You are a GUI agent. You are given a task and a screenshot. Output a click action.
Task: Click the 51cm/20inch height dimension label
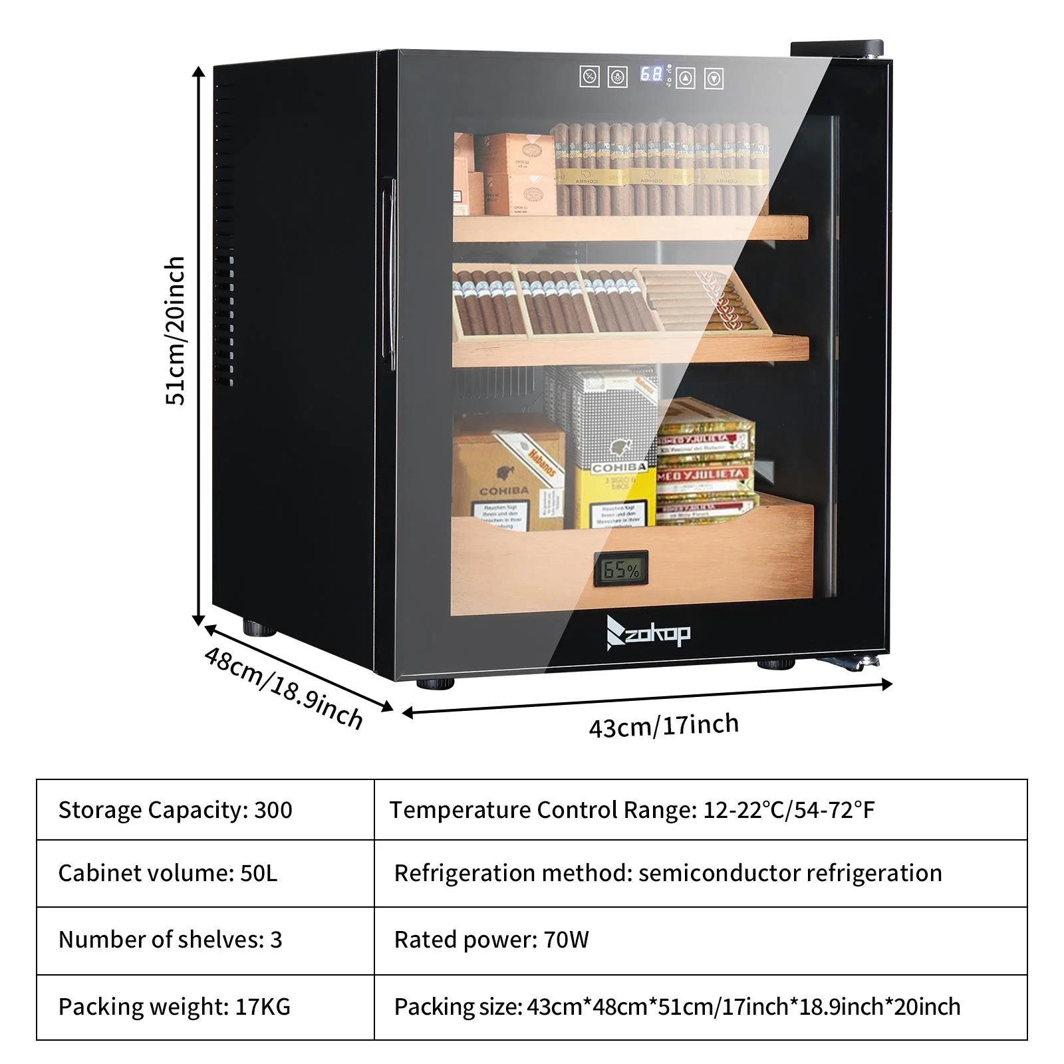point(175,331)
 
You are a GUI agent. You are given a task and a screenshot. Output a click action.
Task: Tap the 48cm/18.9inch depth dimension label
point(284,688)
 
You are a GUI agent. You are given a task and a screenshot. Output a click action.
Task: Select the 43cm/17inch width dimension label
point(664,725)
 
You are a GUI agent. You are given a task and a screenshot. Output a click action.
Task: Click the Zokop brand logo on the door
point(648,632)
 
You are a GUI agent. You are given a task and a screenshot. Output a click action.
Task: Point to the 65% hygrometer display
point(620,569)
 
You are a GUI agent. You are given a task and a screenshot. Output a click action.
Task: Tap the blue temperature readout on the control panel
point(651,74)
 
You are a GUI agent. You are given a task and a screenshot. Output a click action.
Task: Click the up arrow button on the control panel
point(686,78)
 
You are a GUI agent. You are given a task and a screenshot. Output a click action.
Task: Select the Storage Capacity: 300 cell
point(205,809)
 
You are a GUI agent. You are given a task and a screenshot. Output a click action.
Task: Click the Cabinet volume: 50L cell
point(205,873)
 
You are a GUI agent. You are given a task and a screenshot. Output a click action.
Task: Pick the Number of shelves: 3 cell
point(205,940)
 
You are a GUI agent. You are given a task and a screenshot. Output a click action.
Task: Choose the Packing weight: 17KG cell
point(205,1007)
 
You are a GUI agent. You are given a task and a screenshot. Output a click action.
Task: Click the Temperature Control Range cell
point(700,809)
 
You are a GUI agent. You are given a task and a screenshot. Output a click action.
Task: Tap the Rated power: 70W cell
point(700,940)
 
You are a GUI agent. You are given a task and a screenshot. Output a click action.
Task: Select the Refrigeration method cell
point(700,873)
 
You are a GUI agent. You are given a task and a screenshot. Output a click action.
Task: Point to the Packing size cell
point(700,1007)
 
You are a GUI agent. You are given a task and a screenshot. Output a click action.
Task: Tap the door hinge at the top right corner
point(837,49)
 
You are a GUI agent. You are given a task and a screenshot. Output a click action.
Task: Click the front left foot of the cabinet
point(436,682)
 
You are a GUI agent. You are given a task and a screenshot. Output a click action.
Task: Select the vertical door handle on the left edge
point(392,266)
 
